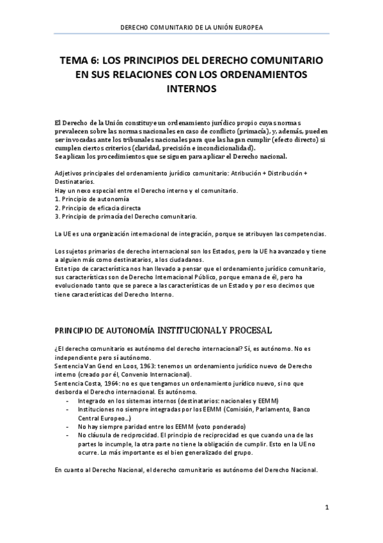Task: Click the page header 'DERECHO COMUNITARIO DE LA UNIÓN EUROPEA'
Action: pyautogui.click(x=191, y=28)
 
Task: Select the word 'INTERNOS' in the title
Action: pyautogui.click(x=191, y=90)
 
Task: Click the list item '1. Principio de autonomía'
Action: pyautogui.click(x=88, y=199)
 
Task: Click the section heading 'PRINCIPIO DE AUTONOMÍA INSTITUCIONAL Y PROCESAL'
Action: pyautogui.click(x=163, y=330)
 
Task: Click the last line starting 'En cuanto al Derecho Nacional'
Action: pyautogui.click(x=186, y=470)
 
